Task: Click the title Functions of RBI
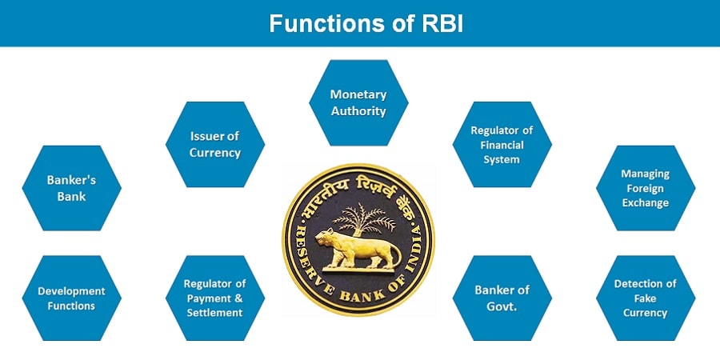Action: [x=366, y=23]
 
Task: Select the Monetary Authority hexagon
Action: [x=358, y=102]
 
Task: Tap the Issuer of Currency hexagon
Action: [x=215, y=144]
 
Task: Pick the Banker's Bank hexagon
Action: [x=72, y=188]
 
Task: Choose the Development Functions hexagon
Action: [x=72, y=298]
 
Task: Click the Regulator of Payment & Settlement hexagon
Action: [x=215, y=298]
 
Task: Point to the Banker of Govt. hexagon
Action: [x=502, y=298]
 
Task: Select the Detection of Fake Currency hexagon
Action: [x=646, y=298]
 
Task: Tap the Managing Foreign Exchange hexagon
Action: [x=646, y=188]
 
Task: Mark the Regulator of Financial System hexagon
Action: [x=502, y=144]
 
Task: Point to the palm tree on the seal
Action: [x=363, y=219]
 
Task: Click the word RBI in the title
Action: [x=442, y=23]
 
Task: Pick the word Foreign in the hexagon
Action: [x=646, y=188]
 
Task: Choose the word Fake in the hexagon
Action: [x=646, y=298]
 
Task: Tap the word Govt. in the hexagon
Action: [x=502, y=306]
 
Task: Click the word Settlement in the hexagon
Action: [x=215, y=313]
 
